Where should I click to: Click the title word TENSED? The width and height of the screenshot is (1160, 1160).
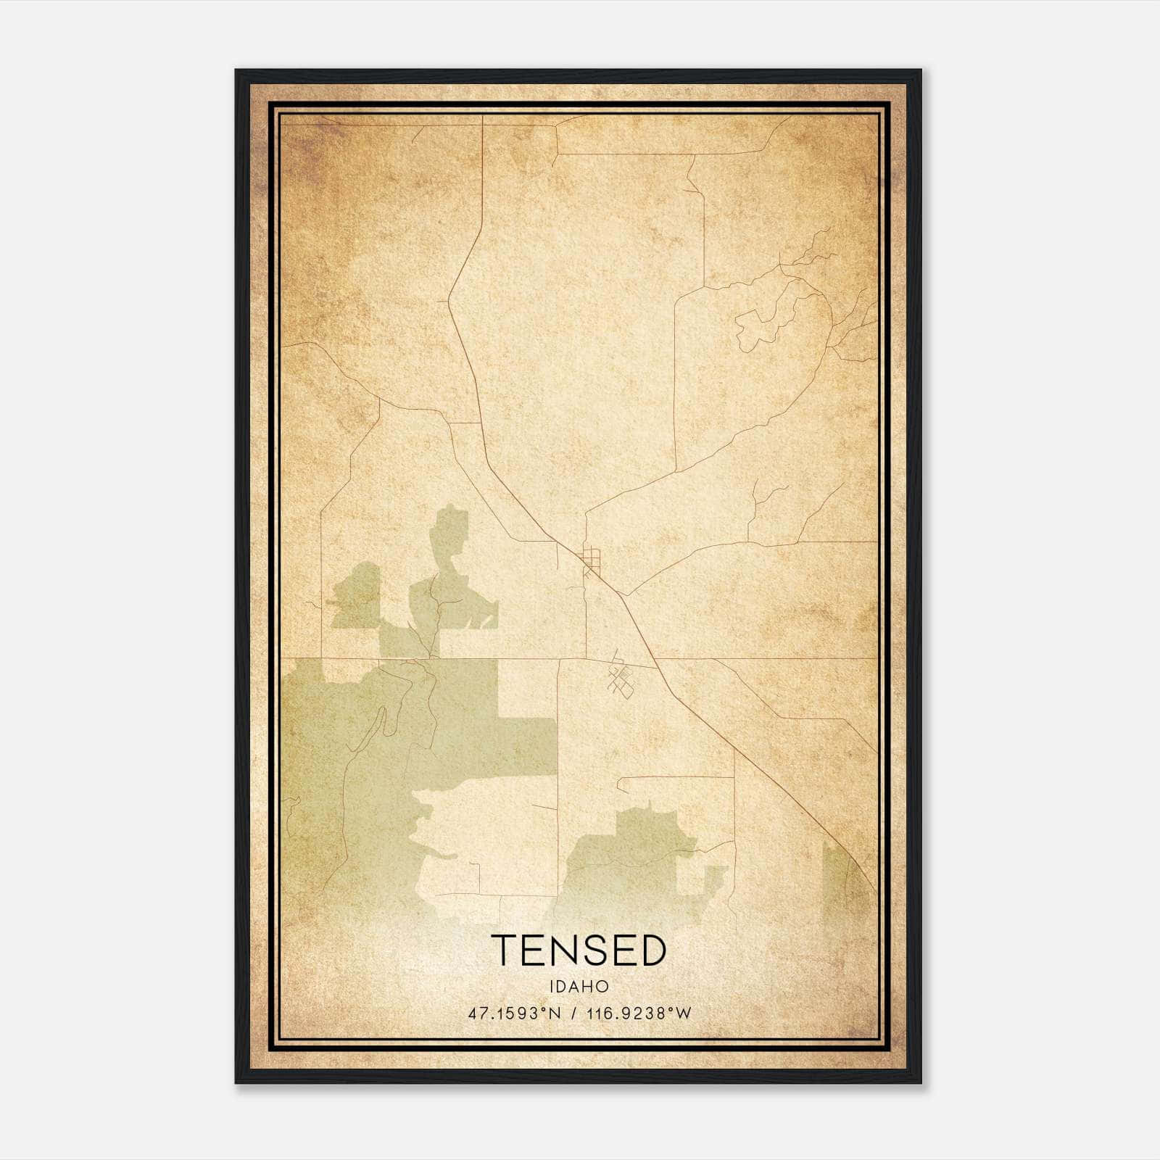[579, 950]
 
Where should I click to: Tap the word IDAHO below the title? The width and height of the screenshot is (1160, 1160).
[579, 987]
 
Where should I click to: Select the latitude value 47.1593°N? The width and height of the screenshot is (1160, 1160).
[515, 1014]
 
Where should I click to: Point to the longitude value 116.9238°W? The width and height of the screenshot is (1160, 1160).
[641, 1014]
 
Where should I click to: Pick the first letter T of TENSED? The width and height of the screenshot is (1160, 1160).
[505, 950]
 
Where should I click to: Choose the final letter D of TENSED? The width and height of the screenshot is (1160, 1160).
[652, 950]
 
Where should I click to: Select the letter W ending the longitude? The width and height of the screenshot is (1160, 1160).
[684, 1014]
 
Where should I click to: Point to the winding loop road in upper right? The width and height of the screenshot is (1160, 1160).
[761, 326]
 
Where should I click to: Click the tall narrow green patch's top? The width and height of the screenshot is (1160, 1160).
[449, 518]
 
